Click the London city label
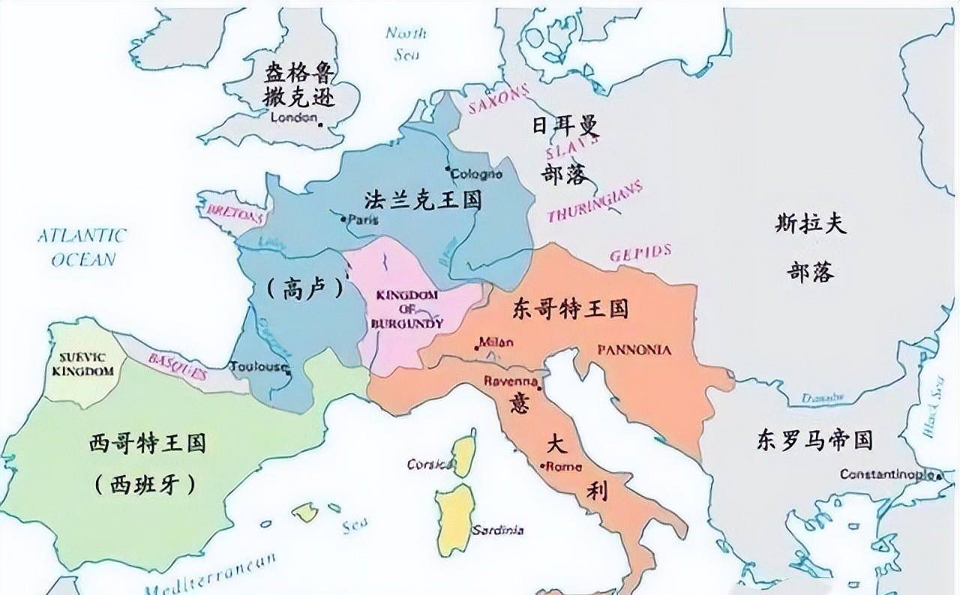pyautogui.click(x=293, y=118)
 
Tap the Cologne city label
pyautogui.click(x=475, y=175)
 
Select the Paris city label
pyautogui.click(x=363, y=220)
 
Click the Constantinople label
pyautogui.click(x=888, y=474)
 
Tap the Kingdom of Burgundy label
pyautogui.click(x=406, y=309)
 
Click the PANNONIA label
pyautogui.click(x=634, y=350)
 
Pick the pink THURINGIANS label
pyautogui.click(x=595, y=202)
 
